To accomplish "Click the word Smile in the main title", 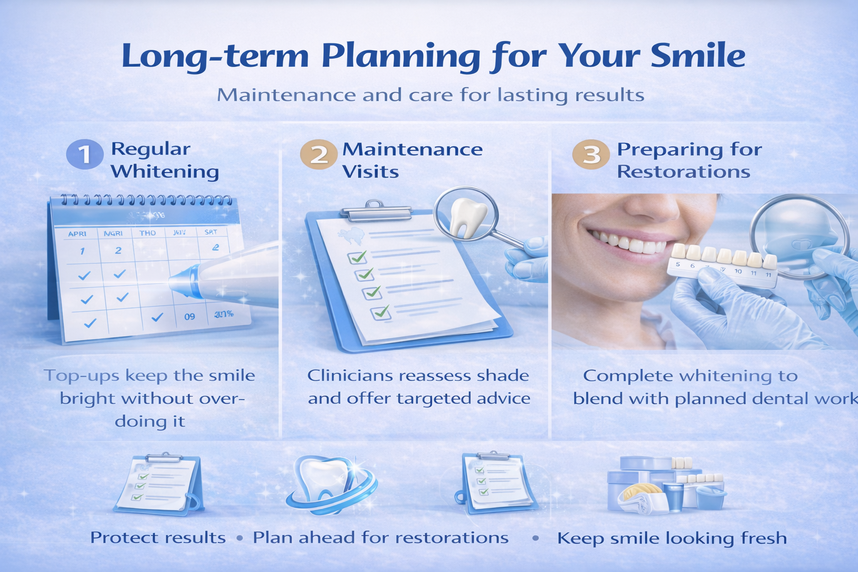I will coord(698,56).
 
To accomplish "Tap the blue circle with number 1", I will coord(84,154).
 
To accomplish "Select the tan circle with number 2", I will coord(318,154).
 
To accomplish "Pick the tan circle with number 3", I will coord(590,154).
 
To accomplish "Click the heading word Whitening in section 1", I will coord(165,171).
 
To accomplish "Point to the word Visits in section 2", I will coord(370,171).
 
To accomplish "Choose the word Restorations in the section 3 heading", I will coord(683,171).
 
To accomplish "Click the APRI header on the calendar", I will coord(77,233).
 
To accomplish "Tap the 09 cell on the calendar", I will coord(190,317).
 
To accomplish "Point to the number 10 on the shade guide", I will coord(738,271).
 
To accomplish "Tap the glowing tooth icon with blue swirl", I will coord(327,482).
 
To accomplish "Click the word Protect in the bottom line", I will coord(121,537).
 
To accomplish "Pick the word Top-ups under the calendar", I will coord(81,376).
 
